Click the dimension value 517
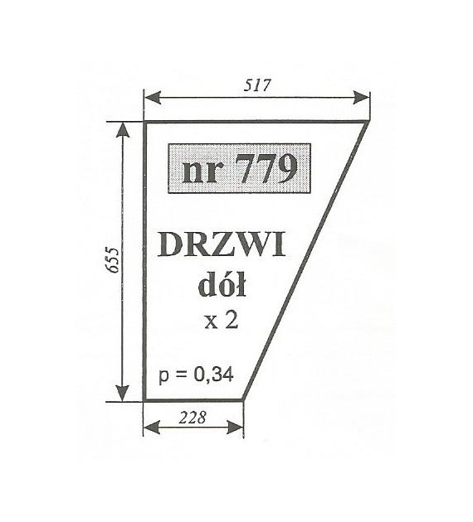[x=256, y=85]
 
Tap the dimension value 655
[x=114, y=260]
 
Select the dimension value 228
[x=193, y=418]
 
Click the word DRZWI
[x=222, y=245]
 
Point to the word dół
[x=222, y=285]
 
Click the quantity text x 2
[x=222, y=321]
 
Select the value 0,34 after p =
[x=213, y=375]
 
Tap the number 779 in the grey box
[x=266, y=169]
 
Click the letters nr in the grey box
[x=200, y=173]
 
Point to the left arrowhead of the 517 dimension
[x=153, y=98]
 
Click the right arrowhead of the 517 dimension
[x=362, y=98]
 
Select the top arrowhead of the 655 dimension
[x=123, y=130]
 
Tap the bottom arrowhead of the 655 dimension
[x=123, y=394]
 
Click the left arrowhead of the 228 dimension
[x=152, y=427]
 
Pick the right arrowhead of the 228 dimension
[x=235, y=427]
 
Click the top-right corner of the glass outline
[x=367, y=123]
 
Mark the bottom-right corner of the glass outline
[x=243, y=399]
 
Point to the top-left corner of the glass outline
[x=144, y=123]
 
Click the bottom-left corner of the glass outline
[x=144, y=399]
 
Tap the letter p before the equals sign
[x=163, y=377]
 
